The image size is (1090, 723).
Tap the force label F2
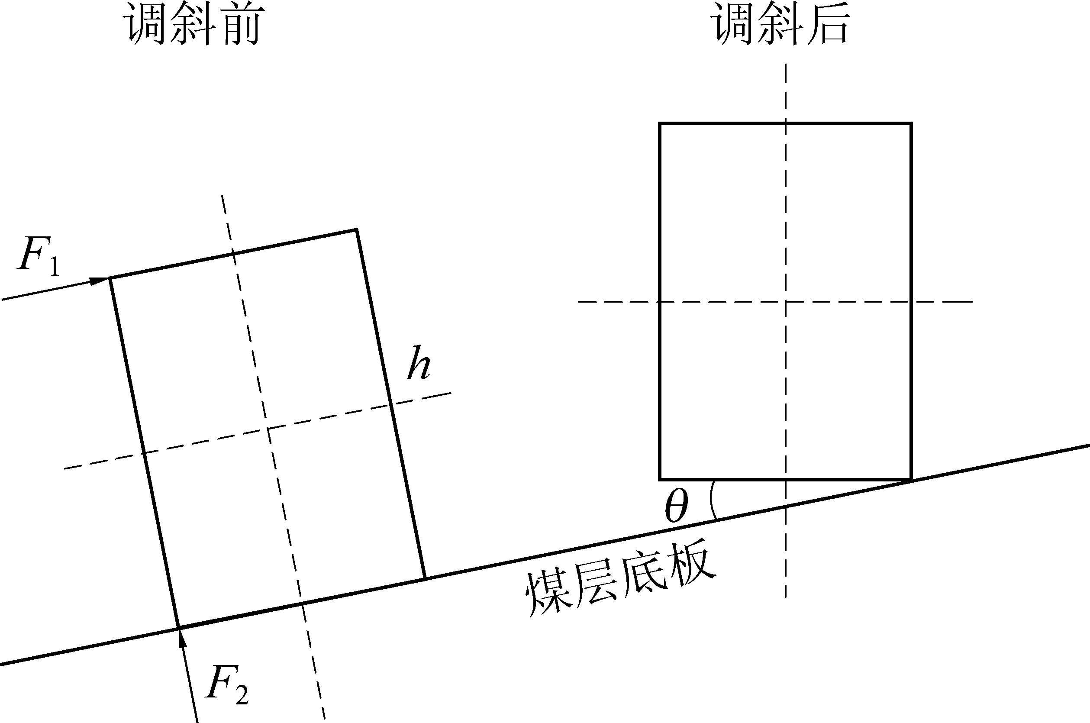click(227, 686)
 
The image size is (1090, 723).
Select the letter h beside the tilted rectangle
click(419, 362)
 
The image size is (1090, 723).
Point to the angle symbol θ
click(677, 506)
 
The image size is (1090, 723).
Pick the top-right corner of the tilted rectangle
click(357, 229)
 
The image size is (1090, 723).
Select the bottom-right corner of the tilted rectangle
click(425, 578)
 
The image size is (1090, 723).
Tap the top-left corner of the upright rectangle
click(660, 123)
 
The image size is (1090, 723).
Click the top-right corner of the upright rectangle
click(911, 123)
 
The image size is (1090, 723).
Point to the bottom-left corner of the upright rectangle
click(660, 479)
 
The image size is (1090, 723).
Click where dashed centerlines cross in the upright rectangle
click(786, 302)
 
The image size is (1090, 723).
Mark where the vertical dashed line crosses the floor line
click(786, 506)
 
